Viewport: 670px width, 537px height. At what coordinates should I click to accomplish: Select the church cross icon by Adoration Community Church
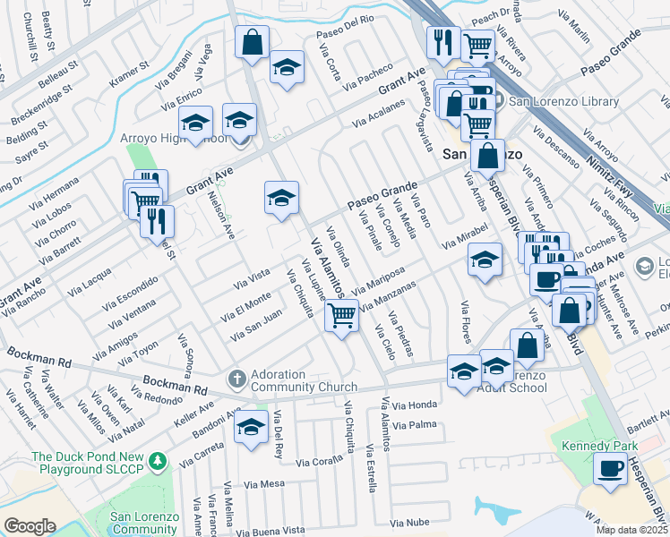tap(236, 378)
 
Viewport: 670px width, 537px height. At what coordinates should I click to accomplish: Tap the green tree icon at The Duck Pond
tap(159, 461)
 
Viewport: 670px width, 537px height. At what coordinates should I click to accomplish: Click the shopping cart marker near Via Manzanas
tap(340, 315)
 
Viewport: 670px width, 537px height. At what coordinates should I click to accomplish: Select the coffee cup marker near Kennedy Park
tap(612, 468)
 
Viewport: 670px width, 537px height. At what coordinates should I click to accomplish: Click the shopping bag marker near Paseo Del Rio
tap(253, 40)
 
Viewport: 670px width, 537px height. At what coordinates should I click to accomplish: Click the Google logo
tap(30, 526)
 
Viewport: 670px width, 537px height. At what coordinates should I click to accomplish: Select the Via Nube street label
tap(411, 521)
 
